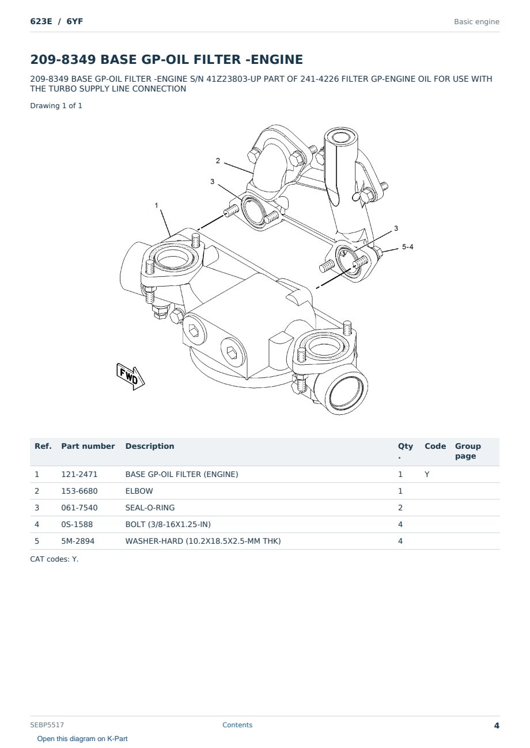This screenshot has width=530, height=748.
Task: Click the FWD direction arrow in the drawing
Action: click(x=130, y=376)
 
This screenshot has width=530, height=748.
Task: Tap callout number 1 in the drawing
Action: click(x=157, y=205)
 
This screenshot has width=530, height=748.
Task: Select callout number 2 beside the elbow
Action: click(x=218, y=161)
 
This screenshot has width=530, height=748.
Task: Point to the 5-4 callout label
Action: click(x=408, y=247)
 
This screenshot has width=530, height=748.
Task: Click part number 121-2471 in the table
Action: click(x=79, y=474)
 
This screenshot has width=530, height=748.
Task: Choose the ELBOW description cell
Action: click(x=139, y=491)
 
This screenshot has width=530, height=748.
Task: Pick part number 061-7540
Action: click(x=79, y=507)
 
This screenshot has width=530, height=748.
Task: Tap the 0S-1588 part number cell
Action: click(x=77, y=524)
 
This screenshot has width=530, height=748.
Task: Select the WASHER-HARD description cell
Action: click(x=203, y=541)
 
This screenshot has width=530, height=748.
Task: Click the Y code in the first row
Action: click(x=427, y=474)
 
